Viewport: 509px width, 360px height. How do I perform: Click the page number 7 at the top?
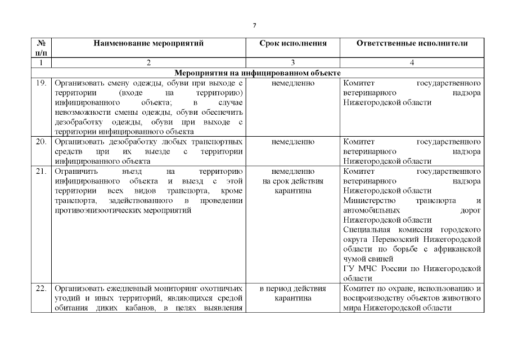click(254, 25)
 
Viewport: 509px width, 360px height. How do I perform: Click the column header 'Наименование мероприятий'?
click(148, 43)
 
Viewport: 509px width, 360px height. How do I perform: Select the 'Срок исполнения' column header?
click(292, 43)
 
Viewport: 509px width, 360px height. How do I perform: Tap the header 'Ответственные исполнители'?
click(412, 43)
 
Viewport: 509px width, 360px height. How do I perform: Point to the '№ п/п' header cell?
click(40, 47)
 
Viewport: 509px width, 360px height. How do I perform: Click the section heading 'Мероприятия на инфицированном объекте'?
click(258, 73)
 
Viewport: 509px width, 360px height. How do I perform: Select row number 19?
click(40, 83)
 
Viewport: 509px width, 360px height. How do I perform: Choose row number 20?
click(40, 141)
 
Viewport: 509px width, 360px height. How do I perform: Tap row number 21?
click(40, 170)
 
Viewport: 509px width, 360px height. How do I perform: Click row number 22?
click(40, 289)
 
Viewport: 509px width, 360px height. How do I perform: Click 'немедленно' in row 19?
click(292, 83)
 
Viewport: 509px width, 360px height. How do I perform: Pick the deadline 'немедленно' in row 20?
click(292, 141)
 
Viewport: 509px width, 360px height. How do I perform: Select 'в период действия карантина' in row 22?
click(292, 293)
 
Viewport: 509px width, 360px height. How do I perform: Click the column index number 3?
click(292, 63)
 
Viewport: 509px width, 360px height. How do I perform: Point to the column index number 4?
click(412, 63)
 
